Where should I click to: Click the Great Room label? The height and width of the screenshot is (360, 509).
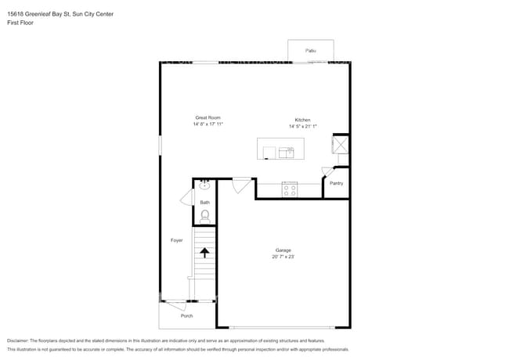pyautogui.click(x=208, y=117)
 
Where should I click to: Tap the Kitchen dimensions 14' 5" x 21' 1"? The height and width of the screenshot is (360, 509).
pyautogui.click(x=302, y=126)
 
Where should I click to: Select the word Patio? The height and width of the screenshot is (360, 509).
pyautogui.click(x=311, y=51)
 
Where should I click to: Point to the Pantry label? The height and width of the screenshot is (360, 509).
pyautogui.click(x=336, y=183)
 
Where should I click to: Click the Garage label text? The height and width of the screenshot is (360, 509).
pyautogui.click(x=283, y=250)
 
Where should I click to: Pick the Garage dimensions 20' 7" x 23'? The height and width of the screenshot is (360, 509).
pyautogui.click(x=283, y=257)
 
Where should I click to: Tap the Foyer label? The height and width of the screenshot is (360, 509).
pyautogui.click(x=176, y=240)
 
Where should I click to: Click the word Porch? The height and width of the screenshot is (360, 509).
pyautogui.click(x=186, y=315)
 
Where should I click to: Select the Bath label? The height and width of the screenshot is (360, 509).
pyautogui.click(x=204, y=203)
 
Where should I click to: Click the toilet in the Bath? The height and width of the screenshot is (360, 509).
pyautogui.click(x=204, y=215)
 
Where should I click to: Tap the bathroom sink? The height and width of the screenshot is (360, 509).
pyautogui.click(x=204, y=185)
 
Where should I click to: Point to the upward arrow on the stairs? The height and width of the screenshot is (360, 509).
pyautogui.click(x=204, y=252)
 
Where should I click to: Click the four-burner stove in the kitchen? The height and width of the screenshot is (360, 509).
pyautogui.click(x=290, y=189)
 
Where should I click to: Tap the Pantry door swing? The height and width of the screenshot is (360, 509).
pyautogui.click(x=327, y=172)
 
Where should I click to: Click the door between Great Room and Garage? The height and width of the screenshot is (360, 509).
pyautogui.click(x=241, y=185)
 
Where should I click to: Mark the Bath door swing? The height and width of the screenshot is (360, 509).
pyautogui.click(x=187, y=198)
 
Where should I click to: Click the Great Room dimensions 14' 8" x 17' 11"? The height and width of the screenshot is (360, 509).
pyautogui.click(x=208, y=124)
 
